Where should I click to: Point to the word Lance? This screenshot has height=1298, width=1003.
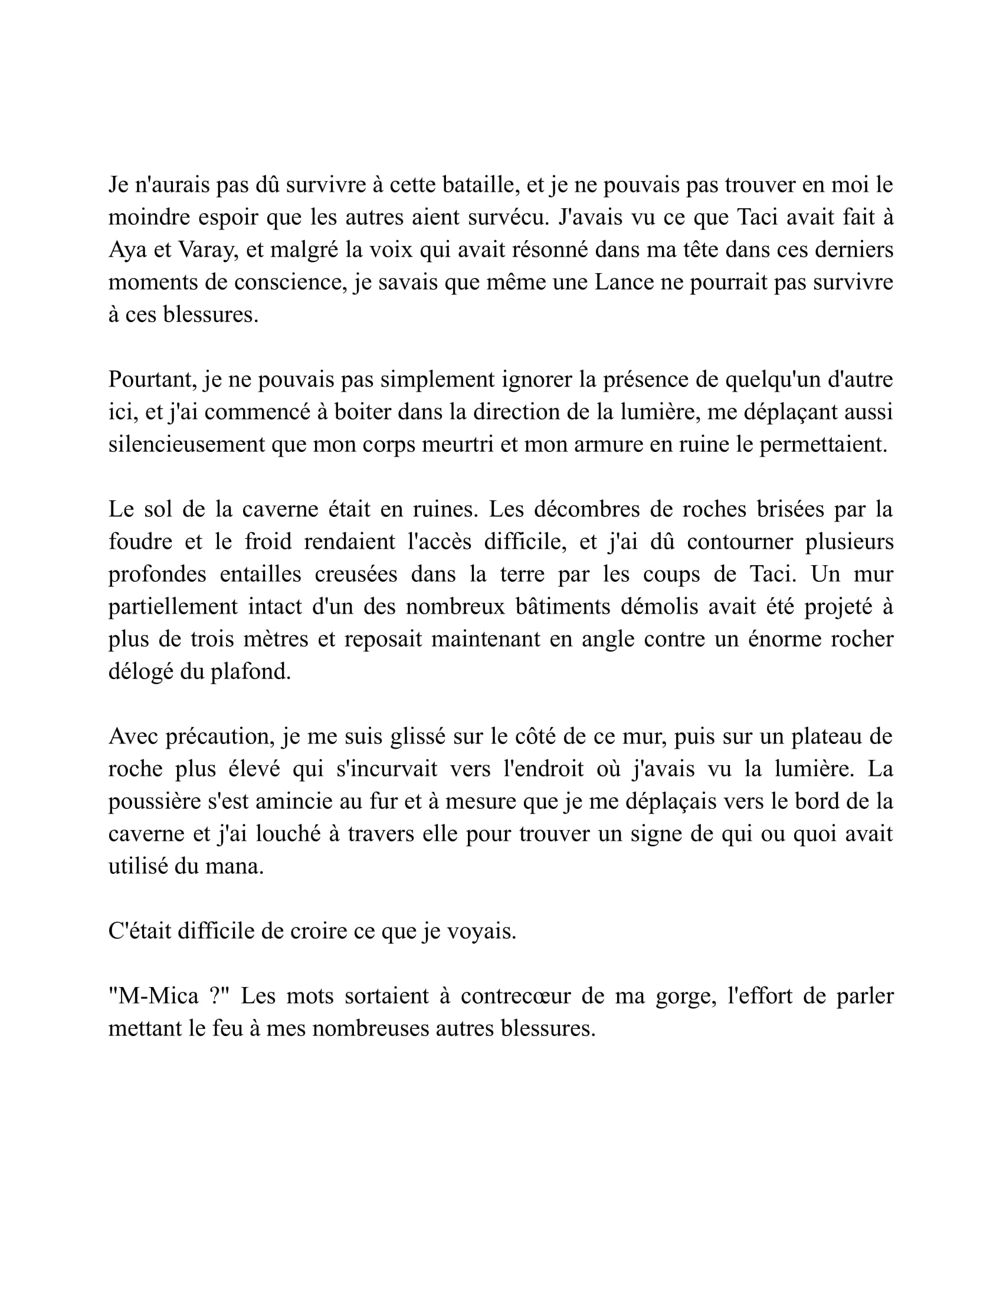[x=624, y=282]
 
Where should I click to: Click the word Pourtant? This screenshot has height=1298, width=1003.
[x=152, y=380]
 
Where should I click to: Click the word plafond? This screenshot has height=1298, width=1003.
[x=250, y=671]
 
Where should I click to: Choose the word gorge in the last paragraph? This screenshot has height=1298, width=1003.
[x=684, y=997]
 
